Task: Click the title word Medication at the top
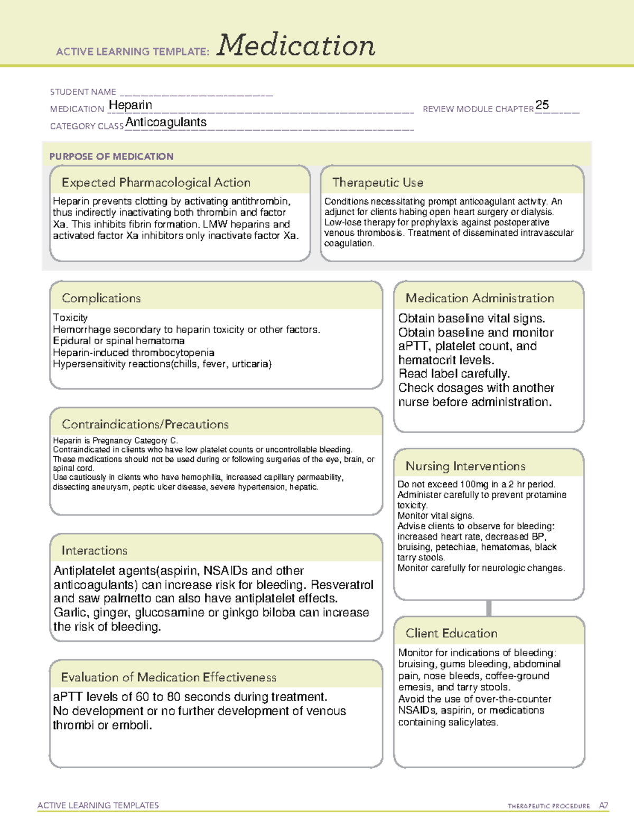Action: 296,45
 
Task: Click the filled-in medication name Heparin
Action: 130,105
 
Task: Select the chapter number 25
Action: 542,105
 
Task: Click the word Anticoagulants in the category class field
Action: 166,123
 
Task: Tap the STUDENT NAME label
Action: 83,92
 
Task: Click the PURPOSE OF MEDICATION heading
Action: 111,156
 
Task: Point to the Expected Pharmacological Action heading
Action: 156,182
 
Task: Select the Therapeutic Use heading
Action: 377,182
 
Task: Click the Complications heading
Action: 101,298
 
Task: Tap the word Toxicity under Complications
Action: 70,318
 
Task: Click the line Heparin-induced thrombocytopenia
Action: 134,353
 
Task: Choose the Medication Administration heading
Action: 480,298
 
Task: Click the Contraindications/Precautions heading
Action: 145,425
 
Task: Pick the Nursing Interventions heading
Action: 465,466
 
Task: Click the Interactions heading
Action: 95,551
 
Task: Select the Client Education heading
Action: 451,633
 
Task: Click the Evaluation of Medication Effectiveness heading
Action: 169,677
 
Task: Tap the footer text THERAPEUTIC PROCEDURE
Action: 548,806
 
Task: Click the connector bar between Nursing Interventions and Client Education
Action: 489,608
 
